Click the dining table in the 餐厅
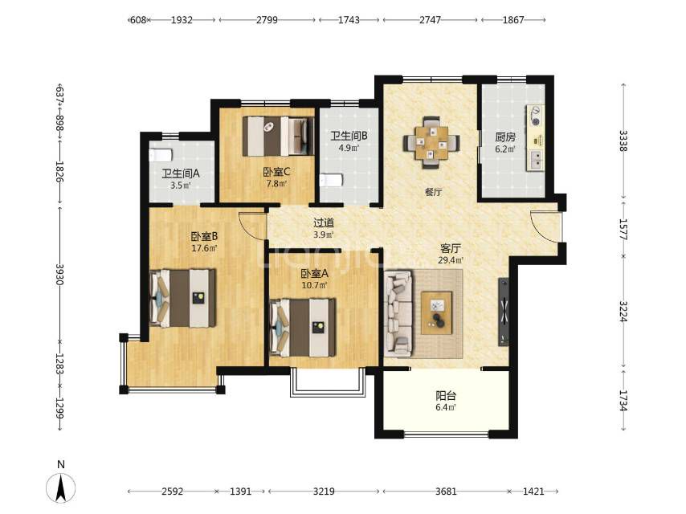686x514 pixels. click(x=431, y=142)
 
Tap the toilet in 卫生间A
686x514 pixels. click(x=161, y=155)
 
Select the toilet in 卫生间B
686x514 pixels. click(x=331, y=180)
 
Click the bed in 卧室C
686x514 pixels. click(x=279, y=136)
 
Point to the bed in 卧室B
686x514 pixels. click(x=182, y=298)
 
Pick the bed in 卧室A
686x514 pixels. click(x=303, y=327)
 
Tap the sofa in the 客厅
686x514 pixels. click(x=398, y=312)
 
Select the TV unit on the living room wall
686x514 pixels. click(x=504, y=312)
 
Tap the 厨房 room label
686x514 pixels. click(x=505, y=137)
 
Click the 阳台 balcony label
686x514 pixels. click(x=446, y=396)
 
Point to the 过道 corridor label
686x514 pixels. click(x=324, y=222)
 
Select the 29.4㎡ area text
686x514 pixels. click(x=451, y=260)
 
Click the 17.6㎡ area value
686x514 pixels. click(x=204, y=248)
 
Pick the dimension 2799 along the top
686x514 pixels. click(x=267, y=20)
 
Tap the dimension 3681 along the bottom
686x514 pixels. click(x=446, y=492)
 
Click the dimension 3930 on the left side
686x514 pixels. click(x=60, y=275)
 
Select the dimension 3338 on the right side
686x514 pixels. click(x=623, y=141)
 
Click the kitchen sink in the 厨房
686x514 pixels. click(x=536, y=160)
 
